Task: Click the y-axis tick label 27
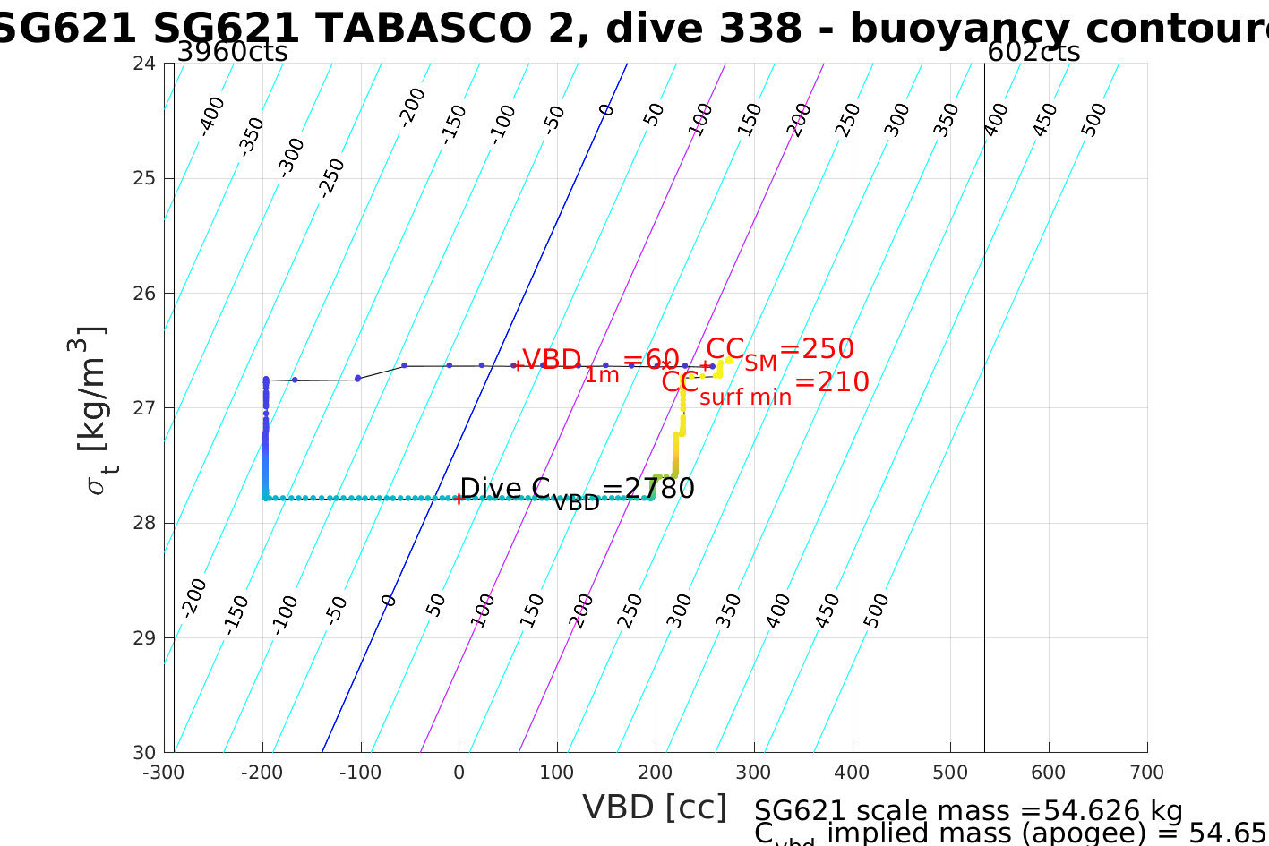coord(143,408)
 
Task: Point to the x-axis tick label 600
coord(1049,773)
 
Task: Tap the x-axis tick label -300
coord(164,773)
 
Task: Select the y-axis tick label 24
coord(143,64)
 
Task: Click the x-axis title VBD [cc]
coord(655,808)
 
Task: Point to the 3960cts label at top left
coord(232,52)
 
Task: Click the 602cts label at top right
coord(1033,52)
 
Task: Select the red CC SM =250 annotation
coord(779,350)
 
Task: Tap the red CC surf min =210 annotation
coord(765,385)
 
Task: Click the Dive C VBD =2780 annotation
coord(577,491)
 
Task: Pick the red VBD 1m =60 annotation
coord(600,363)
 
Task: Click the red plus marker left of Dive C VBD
coord(459,499)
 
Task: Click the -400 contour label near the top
coord(212,115)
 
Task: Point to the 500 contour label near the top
coord(1093,120)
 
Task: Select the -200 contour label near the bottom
coord(193,598)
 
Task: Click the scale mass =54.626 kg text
coord(968,811)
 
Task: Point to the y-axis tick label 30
coord(143,753)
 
